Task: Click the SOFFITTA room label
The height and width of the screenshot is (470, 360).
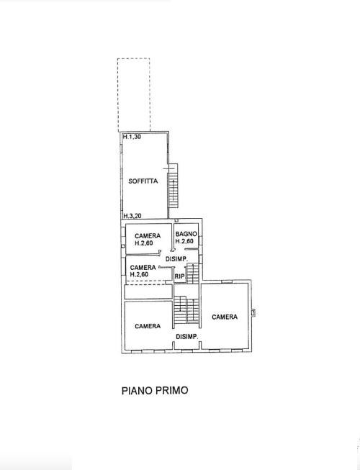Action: [143, 181]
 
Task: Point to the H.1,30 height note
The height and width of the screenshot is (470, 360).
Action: [132, 137]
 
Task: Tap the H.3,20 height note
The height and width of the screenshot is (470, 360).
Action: [132, 215]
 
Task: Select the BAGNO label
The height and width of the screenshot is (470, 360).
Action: [186, 234]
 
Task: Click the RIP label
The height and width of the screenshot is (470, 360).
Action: [179, 276]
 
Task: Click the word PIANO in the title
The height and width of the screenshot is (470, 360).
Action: [137, 391]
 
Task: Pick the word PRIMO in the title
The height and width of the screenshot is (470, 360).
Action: [172, 391]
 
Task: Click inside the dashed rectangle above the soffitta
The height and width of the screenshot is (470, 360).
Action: [134, 95]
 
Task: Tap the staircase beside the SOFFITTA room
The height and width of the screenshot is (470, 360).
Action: [173, 186]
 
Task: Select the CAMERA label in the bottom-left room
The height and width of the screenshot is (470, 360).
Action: [148, 326]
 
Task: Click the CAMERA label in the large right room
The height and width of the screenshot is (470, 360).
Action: [225, 317]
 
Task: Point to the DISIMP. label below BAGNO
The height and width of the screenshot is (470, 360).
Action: [176, 259]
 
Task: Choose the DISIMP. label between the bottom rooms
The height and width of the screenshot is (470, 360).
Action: [186, 337]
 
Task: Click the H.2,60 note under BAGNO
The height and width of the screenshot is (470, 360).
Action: [184, 241]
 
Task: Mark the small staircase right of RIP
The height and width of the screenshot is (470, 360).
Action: [192, 274]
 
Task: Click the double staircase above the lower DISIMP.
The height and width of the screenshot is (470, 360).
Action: [186, 309]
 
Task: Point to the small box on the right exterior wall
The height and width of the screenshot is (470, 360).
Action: [253, 313]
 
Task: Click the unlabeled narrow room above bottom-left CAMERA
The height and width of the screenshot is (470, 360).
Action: [148, 292]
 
